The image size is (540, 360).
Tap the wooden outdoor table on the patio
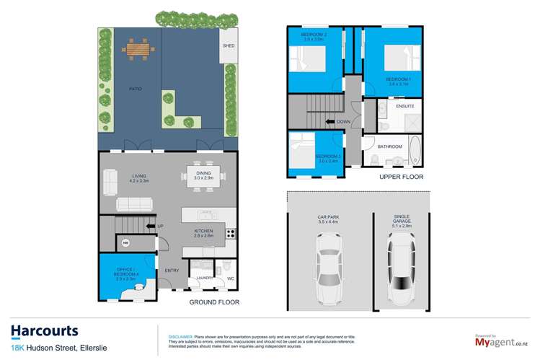tap(139, 50)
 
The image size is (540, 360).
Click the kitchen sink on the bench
tap(208, 215)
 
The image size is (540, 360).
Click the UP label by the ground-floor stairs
tap(161, 227)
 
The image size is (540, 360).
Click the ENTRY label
tap(172, 271)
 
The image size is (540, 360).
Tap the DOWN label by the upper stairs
tap(343, 122)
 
